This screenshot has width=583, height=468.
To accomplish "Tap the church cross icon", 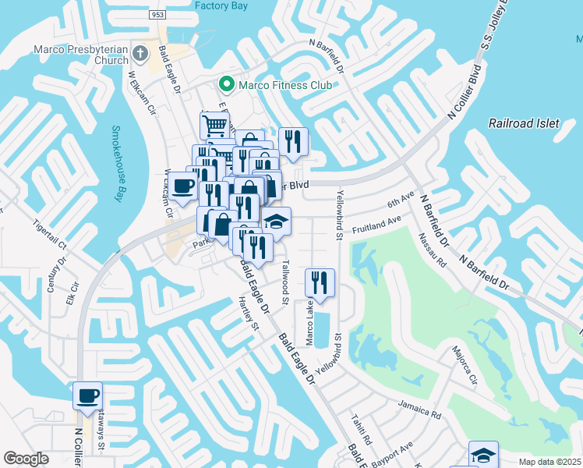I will click(140, 54).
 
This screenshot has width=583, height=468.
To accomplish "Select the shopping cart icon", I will click(214, 125).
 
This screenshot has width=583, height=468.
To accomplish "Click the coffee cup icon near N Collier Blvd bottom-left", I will click(87, 394).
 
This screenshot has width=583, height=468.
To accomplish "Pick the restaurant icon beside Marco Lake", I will click(320, 282).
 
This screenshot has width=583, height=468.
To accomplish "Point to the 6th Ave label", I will click(401, 200).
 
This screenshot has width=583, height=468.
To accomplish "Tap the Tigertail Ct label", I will click(51, 233).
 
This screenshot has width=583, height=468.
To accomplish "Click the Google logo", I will click(26, 459).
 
